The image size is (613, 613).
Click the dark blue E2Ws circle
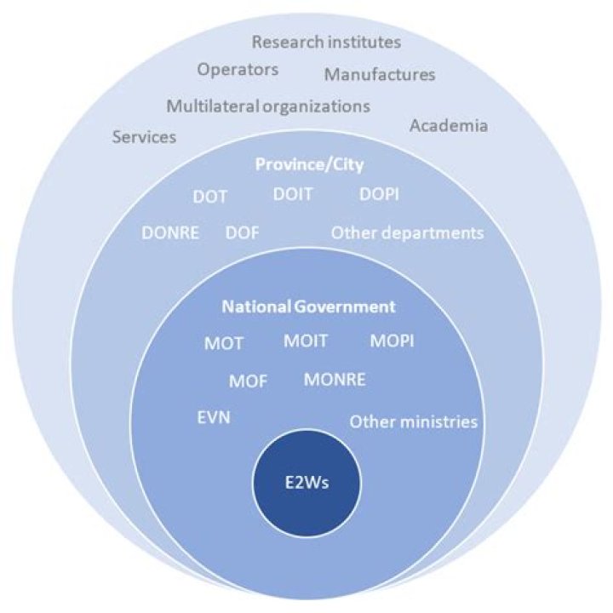(x=306, y=484)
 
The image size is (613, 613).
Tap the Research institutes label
(x=326, y=43)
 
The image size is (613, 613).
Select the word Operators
(x=238, y=70)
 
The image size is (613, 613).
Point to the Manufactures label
(x=380, y=75)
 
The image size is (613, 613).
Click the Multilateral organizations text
(x=268, y=106)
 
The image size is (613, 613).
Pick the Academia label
(x=449, y=126)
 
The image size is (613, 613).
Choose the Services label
(x=144, y=137)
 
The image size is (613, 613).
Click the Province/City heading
(x=309, y=164)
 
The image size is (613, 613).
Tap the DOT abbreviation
(x=210, y=197)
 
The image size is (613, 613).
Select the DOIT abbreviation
(x=293, y=194)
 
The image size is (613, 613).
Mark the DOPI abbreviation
(x=379, y=194)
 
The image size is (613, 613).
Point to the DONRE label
(x=170, y=233)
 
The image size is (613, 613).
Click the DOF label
(x=243, y=233)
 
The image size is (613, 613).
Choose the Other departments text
(x=407, y=233)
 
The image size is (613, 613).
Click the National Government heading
(x=308, y=306)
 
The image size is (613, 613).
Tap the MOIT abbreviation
(x=306, y=341)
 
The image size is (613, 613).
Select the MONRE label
(x=335, y=380)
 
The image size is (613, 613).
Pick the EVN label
(x=214, y=418)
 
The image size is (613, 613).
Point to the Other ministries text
(x=414, y=422)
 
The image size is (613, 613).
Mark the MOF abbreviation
(x=249, y=381)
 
